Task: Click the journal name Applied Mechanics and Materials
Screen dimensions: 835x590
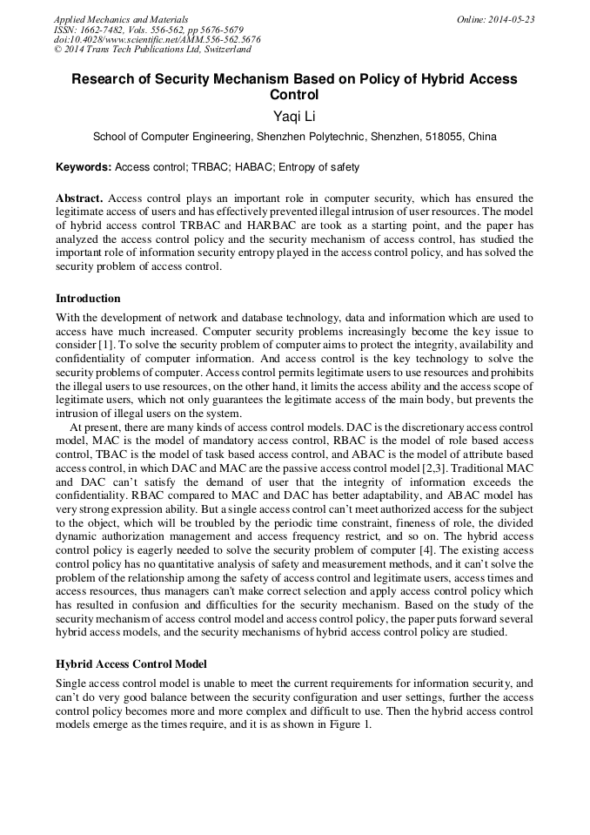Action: click(121, 18)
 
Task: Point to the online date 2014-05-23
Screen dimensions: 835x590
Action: click(508, 18)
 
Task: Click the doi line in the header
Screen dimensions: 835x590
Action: click(157, 39)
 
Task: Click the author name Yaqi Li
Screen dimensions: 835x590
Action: click(294, 117)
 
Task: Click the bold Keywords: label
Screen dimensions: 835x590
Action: click(84, 166)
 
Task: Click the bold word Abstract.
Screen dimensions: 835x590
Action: click(78, 199)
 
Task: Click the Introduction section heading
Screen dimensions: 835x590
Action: click(88, 299)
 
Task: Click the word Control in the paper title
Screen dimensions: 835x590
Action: click(294, 95)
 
